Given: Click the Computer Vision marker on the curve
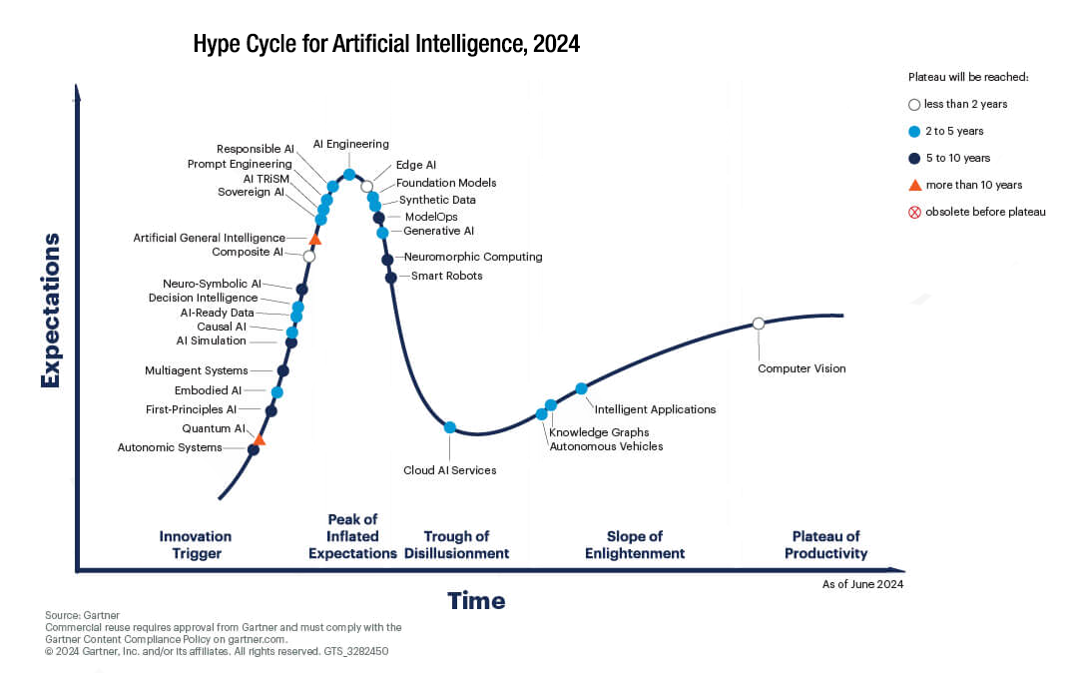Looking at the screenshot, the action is point(759,323).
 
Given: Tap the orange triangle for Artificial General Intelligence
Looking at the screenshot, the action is point(314,239).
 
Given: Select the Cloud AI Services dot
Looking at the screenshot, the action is point(450,427).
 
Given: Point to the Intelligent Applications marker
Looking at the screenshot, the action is point(581,388).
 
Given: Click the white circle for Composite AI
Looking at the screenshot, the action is point(309,256).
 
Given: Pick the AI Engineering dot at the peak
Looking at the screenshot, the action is point(349,175).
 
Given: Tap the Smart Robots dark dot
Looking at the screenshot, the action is point(391,278).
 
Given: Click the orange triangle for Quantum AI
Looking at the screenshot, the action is point(260,439).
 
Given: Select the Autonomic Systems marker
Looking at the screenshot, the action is point(254,450).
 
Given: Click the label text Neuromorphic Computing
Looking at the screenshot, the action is point(473,257).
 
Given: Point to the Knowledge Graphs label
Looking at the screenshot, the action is point(599,432).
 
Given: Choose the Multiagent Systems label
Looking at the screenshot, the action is point(197,370).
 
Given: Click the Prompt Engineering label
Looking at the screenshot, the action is point(240,164).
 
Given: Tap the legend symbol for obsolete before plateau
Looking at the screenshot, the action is point(914,212).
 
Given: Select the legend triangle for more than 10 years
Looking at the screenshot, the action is point(914,185).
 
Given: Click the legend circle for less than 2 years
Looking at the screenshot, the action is point(914,105).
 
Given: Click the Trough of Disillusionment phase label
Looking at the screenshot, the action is point(457,544).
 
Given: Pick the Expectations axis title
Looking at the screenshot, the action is point(51,311).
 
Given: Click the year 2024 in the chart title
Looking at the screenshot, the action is point(557,44).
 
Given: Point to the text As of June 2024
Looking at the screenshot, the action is point(862,584).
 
